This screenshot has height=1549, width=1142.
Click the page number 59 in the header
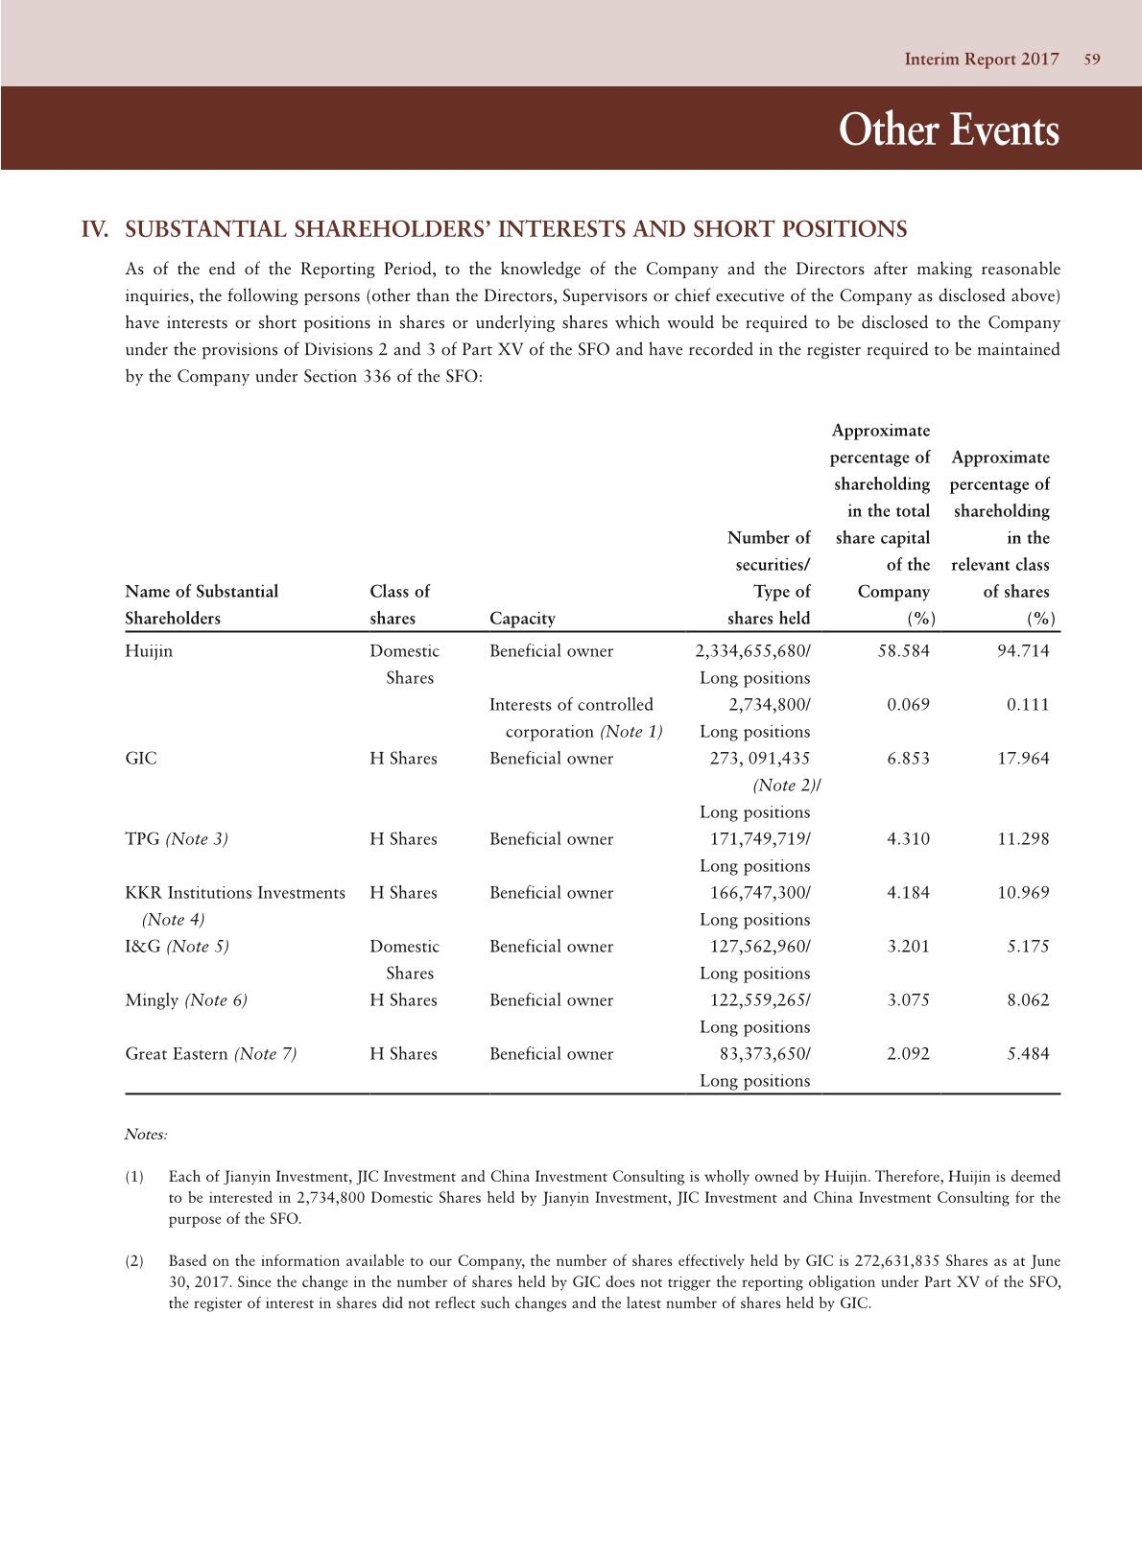[1091, 59]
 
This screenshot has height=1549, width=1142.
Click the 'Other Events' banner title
[948, 130]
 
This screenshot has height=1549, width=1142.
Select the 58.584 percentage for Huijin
[903, 651]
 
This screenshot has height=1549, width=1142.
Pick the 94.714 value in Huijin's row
[1023, 651]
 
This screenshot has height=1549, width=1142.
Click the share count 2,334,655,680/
[752, 651]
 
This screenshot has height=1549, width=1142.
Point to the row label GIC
[141, 759]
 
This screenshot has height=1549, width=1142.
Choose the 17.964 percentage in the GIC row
[1023, 759]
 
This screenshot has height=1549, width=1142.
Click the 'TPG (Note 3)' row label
[177, 839]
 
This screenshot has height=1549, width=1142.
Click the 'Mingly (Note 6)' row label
[186, 1000]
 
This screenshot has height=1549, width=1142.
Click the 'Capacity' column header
[522, 619]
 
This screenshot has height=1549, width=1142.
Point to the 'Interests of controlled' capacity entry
[571, 705]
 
